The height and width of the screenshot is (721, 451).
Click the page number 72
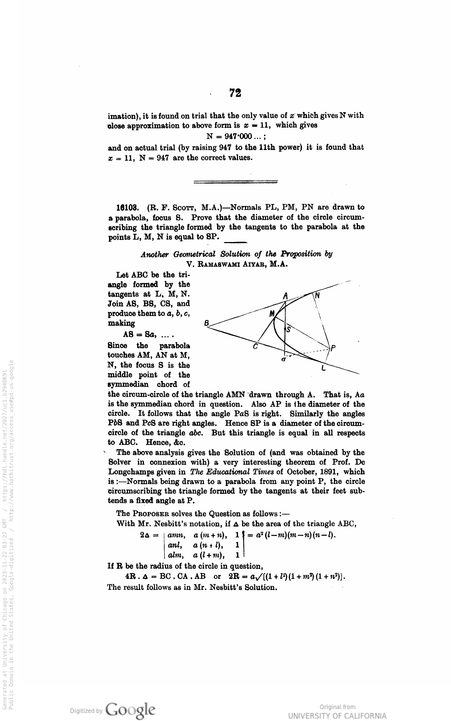[x=235, y=93]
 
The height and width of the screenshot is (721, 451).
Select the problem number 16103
[x=126, y=208]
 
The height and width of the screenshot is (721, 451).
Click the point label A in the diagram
[x=285, y=297]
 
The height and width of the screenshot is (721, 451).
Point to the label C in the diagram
[x=255, y=347]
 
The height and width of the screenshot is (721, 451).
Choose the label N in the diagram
[x=317, y=296]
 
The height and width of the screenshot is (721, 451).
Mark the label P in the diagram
[x=333, y=348]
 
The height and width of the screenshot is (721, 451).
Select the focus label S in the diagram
[x=289, y=330]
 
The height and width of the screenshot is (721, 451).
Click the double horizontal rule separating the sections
[x=235, y=182]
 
